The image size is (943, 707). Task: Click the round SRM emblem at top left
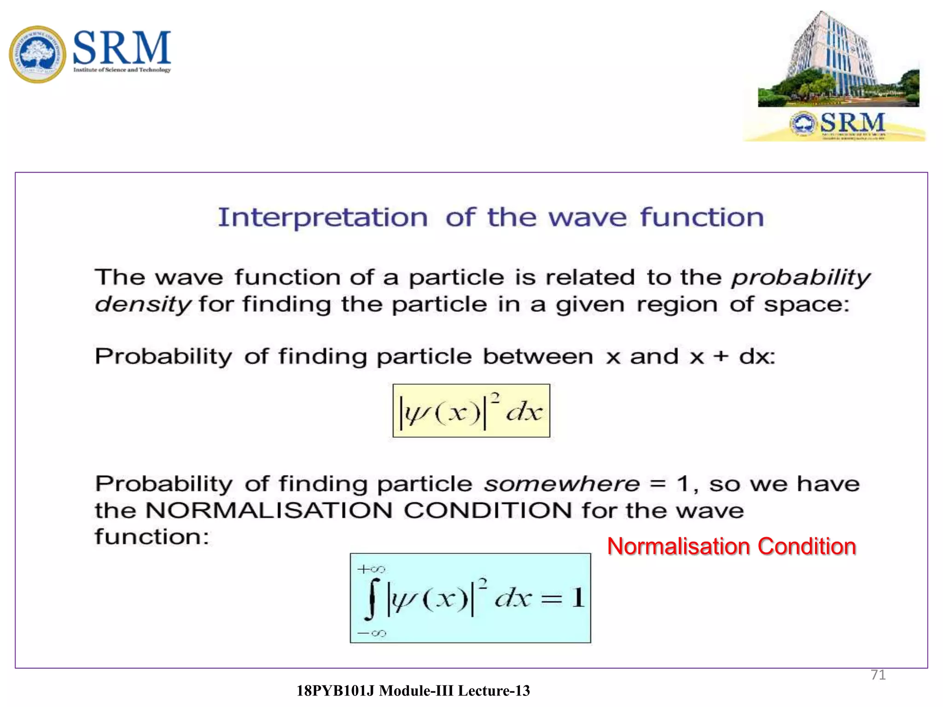(37, 54)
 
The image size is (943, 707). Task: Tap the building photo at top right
(838, 60)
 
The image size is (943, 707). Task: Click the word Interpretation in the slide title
(323, 218)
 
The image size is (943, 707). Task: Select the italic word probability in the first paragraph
(801, 278)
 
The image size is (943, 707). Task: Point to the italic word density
(142, 304)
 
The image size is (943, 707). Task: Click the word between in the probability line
(538, 357)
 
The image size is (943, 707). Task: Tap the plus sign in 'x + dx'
(721, 357)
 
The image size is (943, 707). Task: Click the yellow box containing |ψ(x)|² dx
(471, 411)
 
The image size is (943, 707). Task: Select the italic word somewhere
(562, 484)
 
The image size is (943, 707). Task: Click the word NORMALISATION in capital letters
(268, 510)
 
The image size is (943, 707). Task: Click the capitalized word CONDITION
(488, 510)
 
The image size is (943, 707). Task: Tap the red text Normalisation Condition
(731, 546)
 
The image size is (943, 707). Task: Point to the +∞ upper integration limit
(371, 569)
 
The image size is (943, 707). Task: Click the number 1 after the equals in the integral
(578, 598)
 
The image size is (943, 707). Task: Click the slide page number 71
(878, 675)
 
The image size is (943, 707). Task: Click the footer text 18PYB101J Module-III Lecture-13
(413, 690)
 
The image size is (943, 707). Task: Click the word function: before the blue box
(152, 537)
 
